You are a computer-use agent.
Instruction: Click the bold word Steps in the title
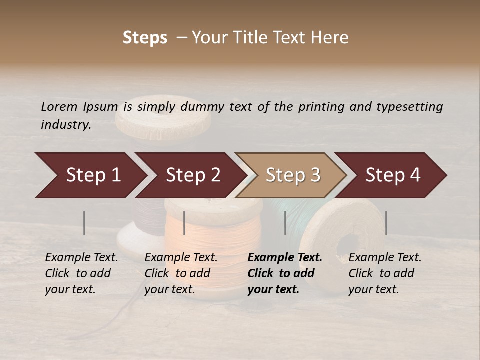145,38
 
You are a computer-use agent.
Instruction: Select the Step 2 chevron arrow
193,175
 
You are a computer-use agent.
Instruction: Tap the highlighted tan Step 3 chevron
293,175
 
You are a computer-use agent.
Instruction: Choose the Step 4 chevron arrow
393,175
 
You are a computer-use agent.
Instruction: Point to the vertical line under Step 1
84,223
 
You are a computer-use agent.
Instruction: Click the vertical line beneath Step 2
184,223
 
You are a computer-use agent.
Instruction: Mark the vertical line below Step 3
285,223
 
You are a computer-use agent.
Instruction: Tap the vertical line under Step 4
386,223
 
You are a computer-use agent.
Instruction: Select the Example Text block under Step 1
81,273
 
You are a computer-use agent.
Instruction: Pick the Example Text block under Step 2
181,273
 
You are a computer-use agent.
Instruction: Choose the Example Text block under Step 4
385,273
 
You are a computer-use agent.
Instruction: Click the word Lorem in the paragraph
59,106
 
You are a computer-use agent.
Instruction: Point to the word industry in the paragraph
66,124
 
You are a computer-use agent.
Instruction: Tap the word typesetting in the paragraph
409,106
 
